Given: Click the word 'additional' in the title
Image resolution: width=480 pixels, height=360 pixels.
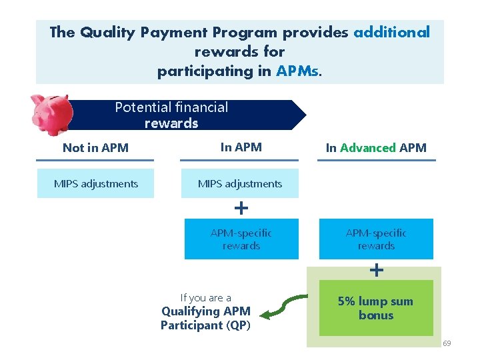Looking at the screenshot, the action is (391, 32).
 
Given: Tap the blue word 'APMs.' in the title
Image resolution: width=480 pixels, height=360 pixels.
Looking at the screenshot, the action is (299, 71).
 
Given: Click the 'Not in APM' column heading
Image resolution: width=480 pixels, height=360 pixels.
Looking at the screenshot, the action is (95, 148).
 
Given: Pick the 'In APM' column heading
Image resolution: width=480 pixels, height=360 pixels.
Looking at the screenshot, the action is (241, 147).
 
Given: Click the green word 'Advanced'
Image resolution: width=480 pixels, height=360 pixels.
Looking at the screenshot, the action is (368, 148).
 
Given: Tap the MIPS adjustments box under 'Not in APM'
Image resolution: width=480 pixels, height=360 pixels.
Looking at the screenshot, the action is (95, 183).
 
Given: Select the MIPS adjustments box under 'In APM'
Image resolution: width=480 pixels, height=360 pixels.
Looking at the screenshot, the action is (240, 183).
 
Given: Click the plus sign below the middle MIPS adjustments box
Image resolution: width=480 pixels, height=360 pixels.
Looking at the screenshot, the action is (241, 208).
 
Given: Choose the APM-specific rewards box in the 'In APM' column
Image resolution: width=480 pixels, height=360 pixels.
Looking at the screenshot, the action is (241, 239).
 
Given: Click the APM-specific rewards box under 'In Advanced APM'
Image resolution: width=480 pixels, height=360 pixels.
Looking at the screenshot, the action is (376, 239).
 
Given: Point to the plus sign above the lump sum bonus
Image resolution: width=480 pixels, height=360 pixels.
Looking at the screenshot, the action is (377, 270).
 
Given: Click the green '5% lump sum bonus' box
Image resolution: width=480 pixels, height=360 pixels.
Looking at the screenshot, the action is (376, 308).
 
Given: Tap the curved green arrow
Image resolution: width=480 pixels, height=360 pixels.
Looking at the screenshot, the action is (283, 307).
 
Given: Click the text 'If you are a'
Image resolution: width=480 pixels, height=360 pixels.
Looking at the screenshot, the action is (205, 298).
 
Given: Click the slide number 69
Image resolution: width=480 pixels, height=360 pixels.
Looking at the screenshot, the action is (447, 343).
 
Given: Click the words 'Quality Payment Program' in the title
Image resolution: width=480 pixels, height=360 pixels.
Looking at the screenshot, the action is (179, 32).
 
